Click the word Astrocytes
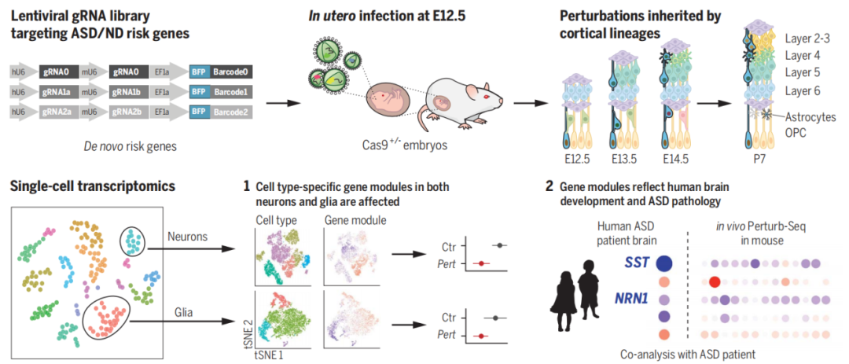(812, 118)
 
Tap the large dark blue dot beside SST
(663, 264)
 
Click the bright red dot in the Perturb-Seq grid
(715, 281)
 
